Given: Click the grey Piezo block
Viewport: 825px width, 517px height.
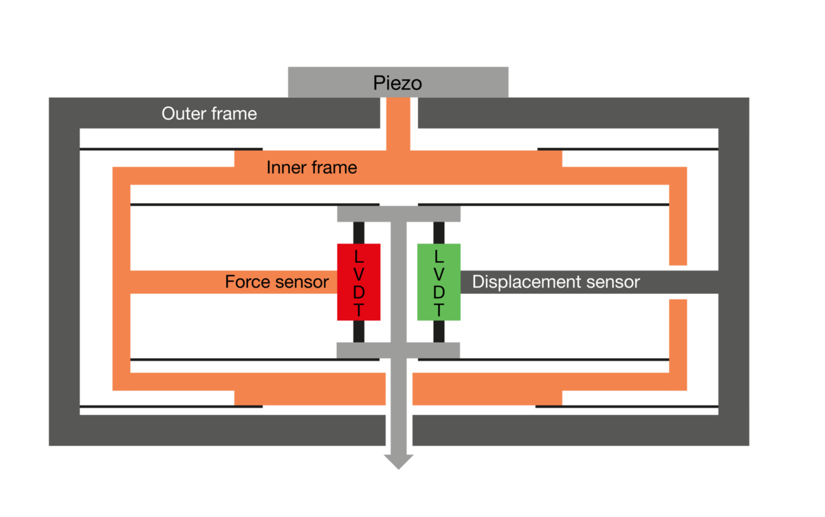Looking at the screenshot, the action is tap(398, 82).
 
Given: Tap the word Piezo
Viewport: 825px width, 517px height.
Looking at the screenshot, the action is tap(397, 83).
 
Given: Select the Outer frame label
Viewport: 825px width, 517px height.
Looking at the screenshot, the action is tap(209, 114).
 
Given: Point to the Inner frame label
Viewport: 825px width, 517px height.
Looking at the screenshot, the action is tap(311, 167).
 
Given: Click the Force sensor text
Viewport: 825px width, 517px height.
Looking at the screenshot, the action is tap(276, 282).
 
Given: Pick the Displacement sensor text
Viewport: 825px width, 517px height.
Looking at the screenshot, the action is tap(555, 282).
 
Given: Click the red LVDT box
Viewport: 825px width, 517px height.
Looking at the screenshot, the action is tap(359, 282).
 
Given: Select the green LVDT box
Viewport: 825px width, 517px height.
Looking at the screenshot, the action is tap(439, 282).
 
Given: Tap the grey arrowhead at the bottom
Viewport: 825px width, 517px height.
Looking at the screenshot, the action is tap(399, 462).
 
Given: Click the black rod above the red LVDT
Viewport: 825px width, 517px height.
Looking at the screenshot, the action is tap(359, 233).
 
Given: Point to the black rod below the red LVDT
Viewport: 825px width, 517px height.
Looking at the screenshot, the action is tap(359, 332).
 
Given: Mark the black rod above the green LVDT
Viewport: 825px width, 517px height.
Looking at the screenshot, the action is tap(439, 233).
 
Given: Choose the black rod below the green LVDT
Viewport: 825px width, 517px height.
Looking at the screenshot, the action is tap(439, 332).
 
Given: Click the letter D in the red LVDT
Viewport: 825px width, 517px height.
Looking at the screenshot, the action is tap(359, 293).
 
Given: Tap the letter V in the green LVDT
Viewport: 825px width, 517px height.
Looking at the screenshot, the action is tap(439, 274).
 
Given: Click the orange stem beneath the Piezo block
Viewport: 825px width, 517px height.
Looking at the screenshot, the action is tap(398, 124).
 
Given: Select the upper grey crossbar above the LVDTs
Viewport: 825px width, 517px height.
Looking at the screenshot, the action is tap(399, 214).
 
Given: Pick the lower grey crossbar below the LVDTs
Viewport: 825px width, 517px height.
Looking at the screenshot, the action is tap(398, 350).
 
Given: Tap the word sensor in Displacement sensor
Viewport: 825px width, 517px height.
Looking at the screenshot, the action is tap(613, 282).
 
